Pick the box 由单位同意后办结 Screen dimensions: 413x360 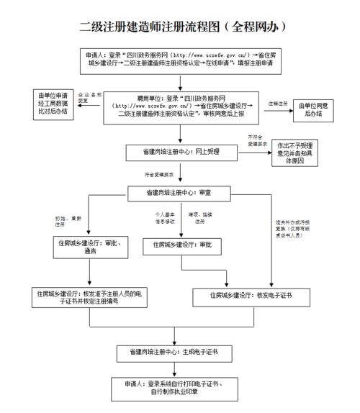(312, 108)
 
